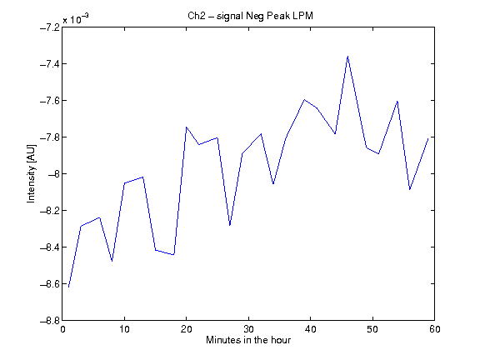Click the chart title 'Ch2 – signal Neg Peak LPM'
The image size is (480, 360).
tap(250, 16)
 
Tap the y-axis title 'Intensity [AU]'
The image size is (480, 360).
tap(31, 173)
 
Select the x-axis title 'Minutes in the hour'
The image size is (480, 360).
tap(248, 340)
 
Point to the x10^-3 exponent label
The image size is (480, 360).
tap(76, 19)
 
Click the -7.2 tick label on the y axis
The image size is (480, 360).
tap(50, 27)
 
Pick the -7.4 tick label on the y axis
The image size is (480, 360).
tap(50, 64)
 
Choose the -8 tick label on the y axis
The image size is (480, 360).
tap(53, 174)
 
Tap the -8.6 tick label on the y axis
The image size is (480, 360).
tap(50, 284)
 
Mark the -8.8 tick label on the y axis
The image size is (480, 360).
tap(50, 321)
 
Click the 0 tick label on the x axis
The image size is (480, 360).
tap(62, 329)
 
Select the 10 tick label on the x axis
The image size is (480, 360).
tap(125, 329)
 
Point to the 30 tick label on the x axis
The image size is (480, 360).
tap(248, 329)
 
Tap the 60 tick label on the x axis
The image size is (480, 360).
tap(434, 329)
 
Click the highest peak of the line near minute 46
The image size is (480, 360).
tap(347, 57)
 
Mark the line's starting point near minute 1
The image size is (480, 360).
tap(69, 287)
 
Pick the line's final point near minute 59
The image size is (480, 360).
tap(428, 138)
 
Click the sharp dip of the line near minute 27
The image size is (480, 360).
tap(230, 225)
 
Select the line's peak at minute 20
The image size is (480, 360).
tap(187, 127)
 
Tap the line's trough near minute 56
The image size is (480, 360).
tap(410, 189)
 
